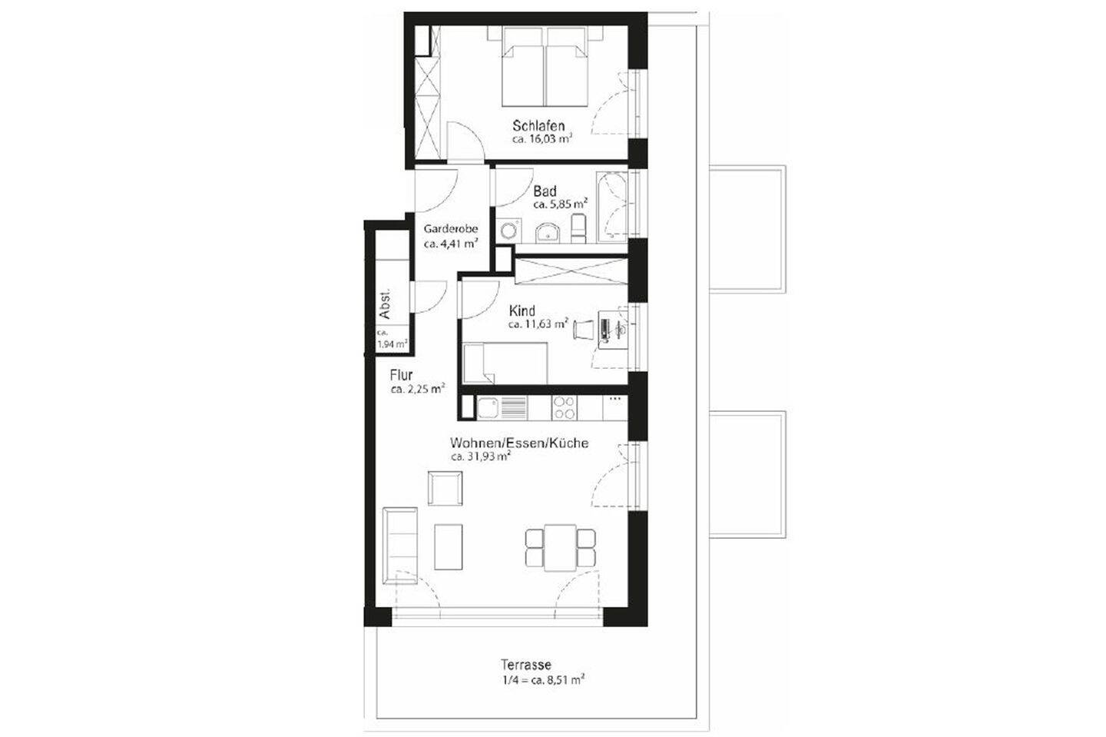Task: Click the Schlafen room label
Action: click(x=538, y=125)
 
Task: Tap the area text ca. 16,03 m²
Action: click(x=542, y=140)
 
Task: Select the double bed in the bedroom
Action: click(x=545, y=67)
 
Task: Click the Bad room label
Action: click(x=545, y=191)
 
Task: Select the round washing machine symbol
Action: click(x=508, y=230)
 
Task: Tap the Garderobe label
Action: click(x=451, y=229)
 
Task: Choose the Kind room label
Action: click(x=522, y=310)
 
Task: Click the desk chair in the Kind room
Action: click(x=583, y=329)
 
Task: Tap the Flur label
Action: click(x=402, y=375)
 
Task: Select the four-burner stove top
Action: click(x=565, y=407)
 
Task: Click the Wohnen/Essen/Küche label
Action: click(x=519, y=443)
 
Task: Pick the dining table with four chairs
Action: click(x=561, y=547)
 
